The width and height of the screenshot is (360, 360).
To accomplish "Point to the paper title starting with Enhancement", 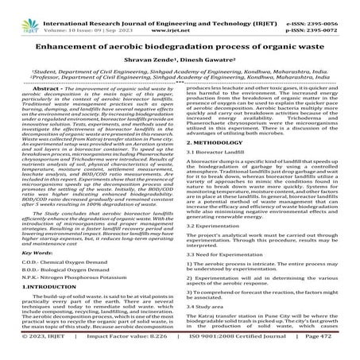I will click(x=180, y=45).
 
